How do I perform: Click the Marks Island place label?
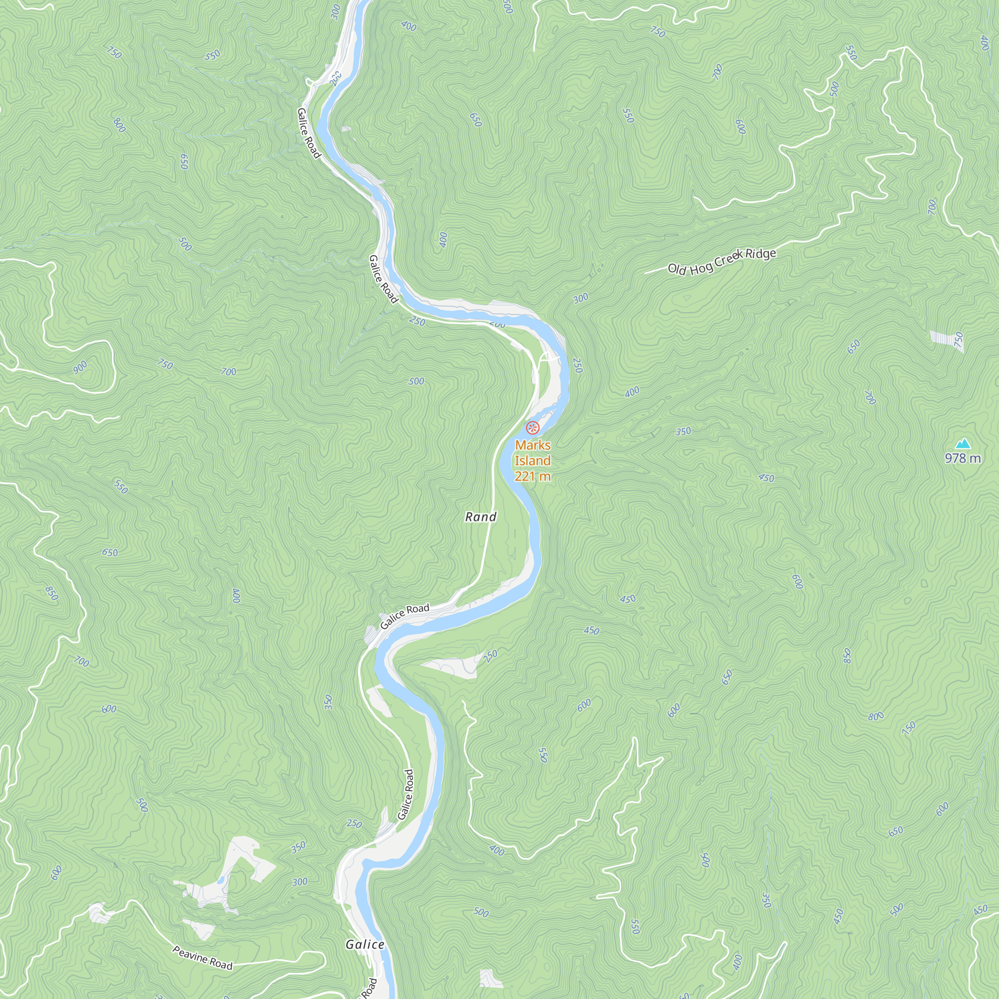pyautogui.click(x=532, y=453)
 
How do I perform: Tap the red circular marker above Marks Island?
pyautogui.click(x=532, y=428)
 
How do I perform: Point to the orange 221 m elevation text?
pyautogui.click(x=532, y=476)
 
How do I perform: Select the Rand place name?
pyautogui.click(x=481, y=516)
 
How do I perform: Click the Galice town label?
pyautogui.click(x=365, y=945)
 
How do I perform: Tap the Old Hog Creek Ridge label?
pyautogui.click(x=722, y=261)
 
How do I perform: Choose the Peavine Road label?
pyautogui.click(x=202, y=958)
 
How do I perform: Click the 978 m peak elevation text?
pyautogui.click(x=963, y=458)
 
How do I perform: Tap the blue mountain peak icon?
pyautogui.click(x=963, y=444)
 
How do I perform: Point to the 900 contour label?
pyautogui.click(x=80, y=367)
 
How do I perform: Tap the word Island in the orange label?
pyautogui.click(x=532, y=460)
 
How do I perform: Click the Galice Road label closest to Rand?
pyautogui.click(x=405, y=616)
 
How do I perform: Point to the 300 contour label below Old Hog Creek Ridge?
pyautogui.click(x=581, y=298)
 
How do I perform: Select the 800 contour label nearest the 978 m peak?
pyautogui.click(x=876, y=717)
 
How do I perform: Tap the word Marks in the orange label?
pyautogui.click(x=532, y=445)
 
